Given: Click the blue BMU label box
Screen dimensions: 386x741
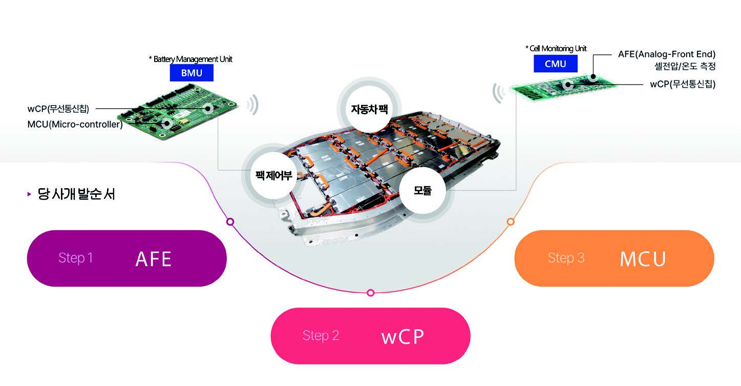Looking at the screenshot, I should pyautogui.click(x=192, y=73).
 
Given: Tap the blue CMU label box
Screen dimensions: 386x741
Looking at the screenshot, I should pyautogui.click(x=555, y=64).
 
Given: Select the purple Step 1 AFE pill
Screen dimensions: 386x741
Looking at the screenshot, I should pyautogui.click(x=126, y=258).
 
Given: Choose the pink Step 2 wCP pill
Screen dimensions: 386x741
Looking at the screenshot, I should pyautogui.click(x=370, y=336).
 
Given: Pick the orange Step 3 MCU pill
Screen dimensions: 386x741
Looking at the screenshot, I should pyautogui.click(x=614, y=258).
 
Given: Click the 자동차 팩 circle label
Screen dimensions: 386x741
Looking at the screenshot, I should pyautogui.click(x=369, y=109).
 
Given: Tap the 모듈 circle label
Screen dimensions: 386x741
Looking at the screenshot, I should pyautogui.click(x=422, y=190).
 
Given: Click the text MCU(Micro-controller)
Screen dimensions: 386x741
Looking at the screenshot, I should pyautogui.click(x=75, y=125).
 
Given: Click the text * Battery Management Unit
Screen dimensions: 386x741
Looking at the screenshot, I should pyautogui.click(x=190, y=59).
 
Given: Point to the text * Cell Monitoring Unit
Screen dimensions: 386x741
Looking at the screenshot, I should pyautogui.click(x=556, y=49).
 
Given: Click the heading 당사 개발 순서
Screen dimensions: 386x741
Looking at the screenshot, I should pyautogui.click(x=76, y=195).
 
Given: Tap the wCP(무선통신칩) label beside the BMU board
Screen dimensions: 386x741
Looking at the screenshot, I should pyautogui.click(x=58, y=109).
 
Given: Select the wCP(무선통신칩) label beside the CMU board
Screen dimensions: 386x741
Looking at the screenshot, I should pyautogui.click(x=683, y=84).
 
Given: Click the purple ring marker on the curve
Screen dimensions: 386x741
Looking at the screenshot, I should pyautogui.click(x=230, y=222).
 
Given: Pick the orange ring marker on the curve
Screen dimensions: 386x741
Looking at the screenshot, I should pyautogui.click(x=510, y=221).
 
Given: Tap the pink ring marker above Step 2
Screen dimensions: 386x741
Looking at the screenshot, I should pyautogui.click(x=371, y=293).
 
